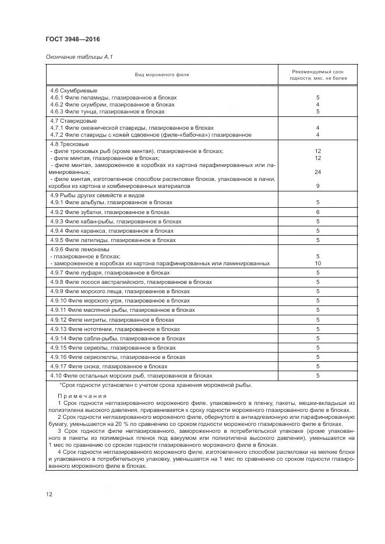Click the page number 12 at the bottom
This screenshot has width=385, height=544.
[x=50, y=494]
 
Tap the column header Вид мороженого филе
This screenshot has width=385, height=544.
[x=162, y=74]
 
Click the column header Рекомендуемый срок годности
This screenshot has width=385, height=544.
[x=317, y=74]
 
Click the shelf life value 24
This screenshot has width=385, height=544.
[x=318, y=172]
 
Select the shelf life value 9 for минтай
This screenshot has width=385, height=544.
[x=318, y=186]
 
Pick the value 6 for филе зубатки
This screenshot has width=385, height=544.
[x=318, y=212]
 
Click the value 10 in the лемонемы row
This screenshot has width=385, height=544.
[x=318, y=263]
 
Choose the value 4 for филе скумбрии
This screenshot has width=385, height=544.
[x=318, y=104]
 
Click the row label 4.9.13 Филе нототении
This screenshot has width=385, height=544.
[x=115, y=329]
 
